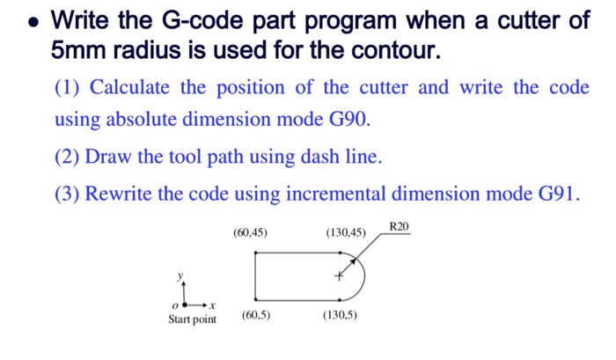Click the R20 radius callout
[399, 227]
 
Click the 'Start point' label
[192, 319]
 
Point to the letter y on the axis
[182, 276]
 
